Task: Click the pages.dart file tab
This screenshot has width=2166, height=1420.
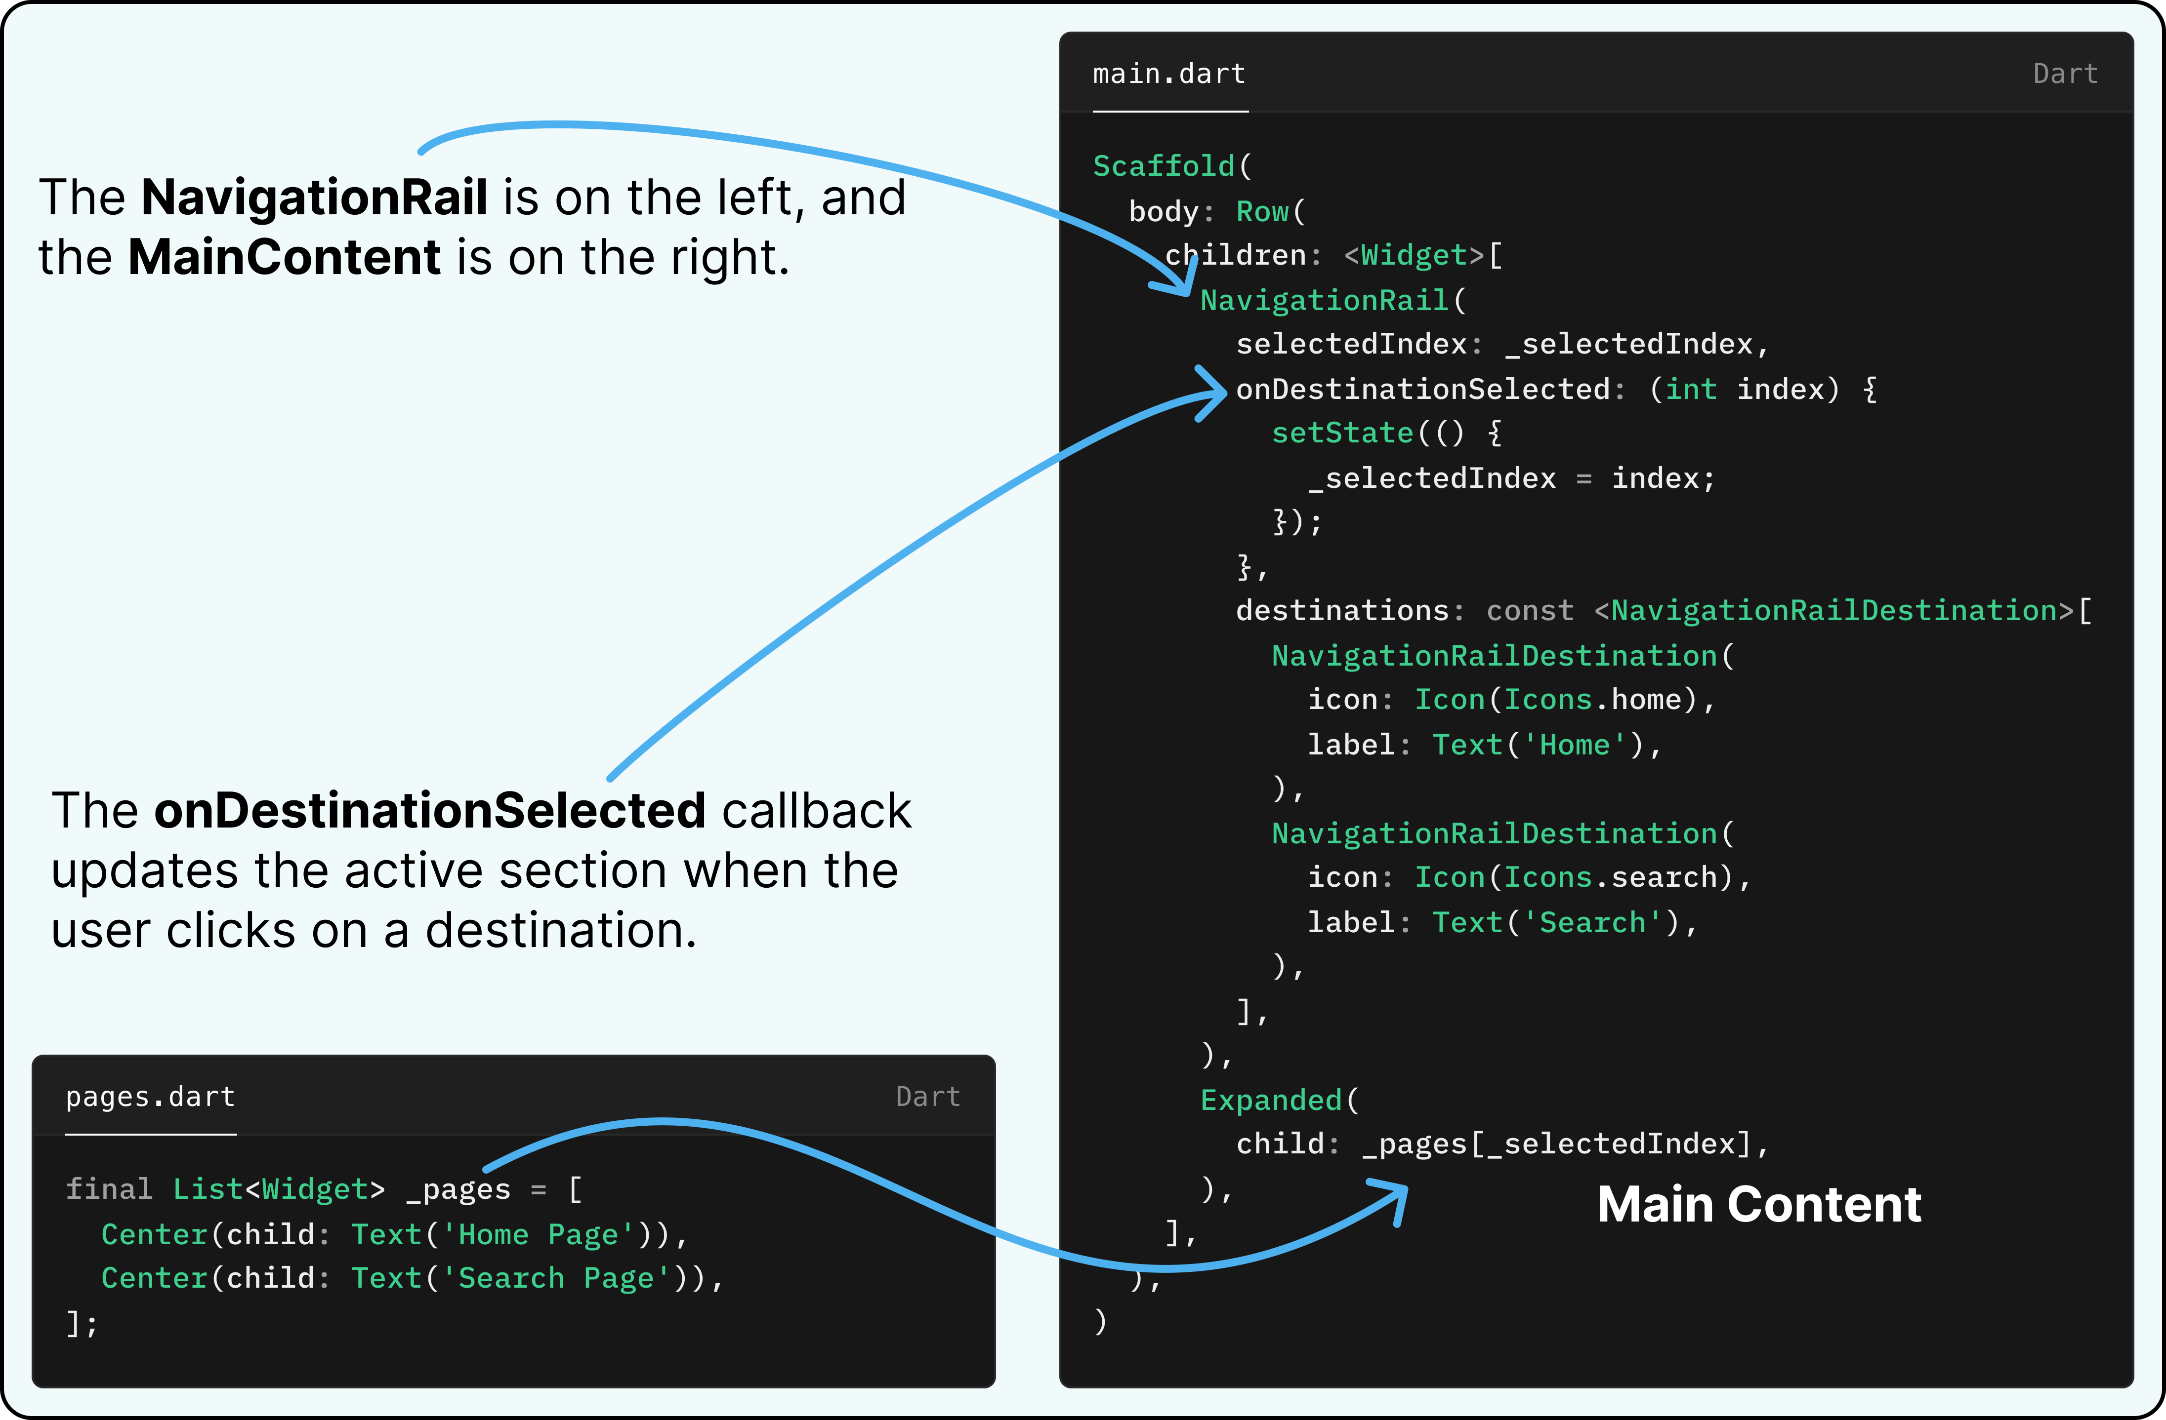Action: (x=150, y=1097)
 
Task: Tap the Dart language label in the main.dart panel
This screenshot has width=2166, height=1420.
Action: (x=2065, y=74)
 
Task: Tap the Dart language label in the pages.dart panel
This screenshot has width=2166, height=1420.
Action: (x=927, y=1097)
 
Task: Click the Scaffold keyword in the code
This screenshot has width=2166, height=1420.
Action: (x=1163, y=166)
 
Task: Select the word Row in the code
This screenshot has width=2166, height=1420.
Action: (x=1261, y=212)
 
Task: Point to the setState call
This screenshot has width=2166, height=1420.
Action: (x=1342, y=433)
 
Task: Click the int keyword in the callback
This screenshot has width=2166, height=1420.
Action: (x=1690, y=390)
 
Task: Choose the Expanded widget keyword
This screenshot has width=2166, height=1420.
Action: (x=1270, y=1101)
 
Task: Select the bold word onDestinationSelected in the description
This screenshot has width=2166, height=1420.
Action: (x=429, y=811)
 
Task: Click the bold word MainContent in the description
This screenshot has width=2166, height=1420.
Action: (x=284, y=257)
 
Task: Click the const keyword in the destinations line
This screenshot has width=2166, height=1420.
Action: (x=1529, y=610)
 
